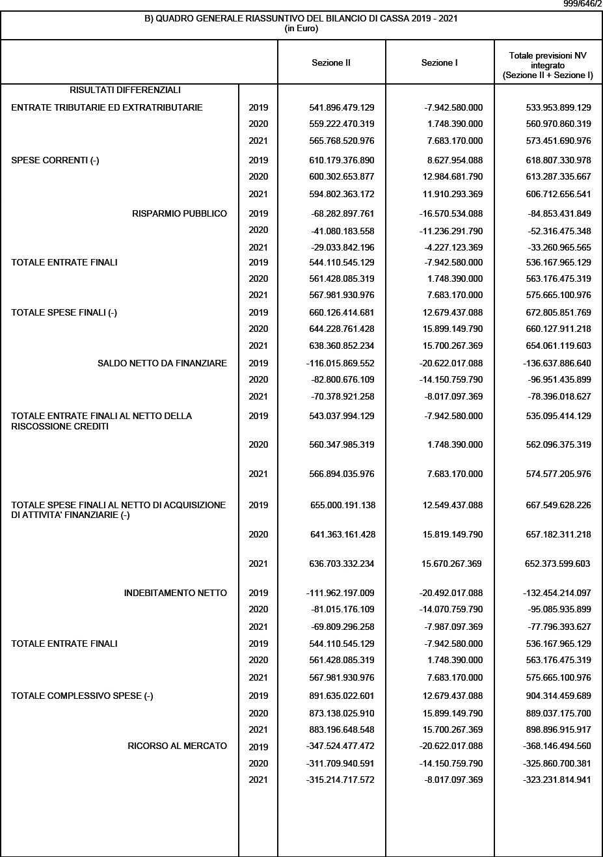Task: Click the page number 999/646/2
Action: click(x=582, y=5)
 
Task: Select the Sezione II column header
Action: click(x=331, y=63)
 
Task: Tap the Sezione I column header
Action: click(x=440, y=63)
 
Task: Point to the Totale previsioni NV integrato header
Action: click(x=548, y=66)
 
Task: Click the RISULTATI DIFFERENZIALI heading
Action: click(x=125, y=90)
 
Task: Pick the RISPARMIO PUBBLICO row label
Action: click(x=180, y=213)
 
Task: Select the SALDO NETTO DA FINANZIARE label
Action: click(x=162, y=363)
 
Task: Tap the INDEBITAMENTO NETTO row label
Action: click(x=176, y=593)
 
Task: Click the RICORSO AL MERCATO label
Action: click(x=178, y=746)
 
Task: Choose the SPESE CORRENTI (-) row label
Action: click(x=55, y=160)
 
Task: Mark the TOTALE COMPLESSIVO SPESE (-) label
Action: click(x=82, y=696)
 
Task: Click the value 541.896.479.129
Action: click(x=342, y=107)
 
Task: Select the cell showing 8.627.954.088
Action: click(x=452, y=160)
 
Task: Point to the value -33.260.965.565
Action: click(x=557, y=247)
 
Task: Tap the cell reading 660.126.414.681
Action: click(x=342, y=312)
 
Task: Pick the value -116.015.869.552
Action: click(x=340, y=363)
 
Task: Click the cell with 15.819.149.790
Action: click(x=452, y=534)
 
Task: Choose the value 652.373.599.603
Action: click(x=557, y=564)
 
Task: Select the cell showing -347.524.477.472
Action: click(x=340, y=746)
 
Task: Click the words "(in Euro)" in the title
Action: click(x=301, y=29)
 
